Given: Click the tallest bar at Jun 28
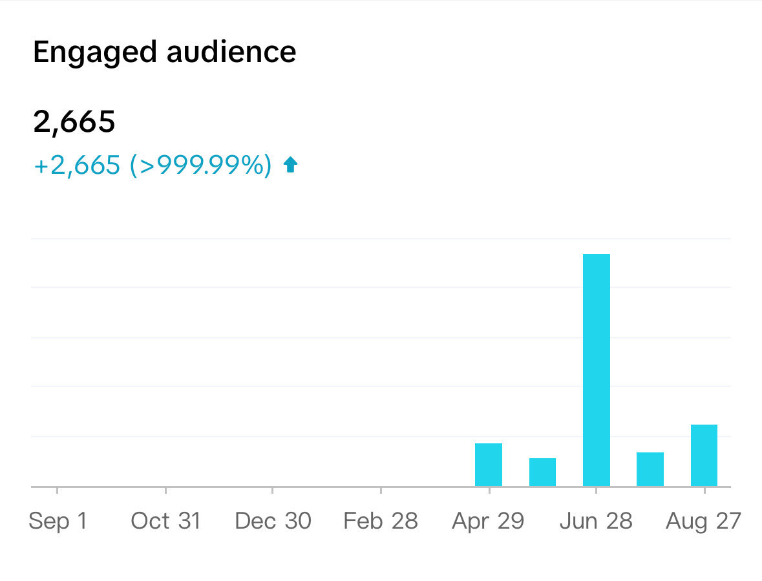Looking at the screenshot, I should (596, 370).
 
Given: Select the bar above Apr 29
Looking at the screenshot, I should (488, 465).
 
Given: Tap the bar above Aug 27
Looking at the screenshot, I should (704, 455).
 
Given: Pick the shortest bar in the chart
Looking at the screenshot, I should (542, 472).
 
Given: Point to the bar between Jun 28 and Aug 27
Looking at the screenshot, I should (650, 469).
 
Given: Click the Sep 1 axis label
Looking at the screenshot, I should (58, 521).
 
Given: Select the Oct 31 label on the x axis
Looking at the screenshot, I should (165, 521).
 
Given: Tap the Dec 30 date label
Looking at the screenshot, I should (273, 521).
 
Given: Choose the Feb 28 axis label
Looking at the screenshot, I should (381, 521).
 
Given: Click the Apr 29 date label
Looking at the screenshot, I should (488, 521).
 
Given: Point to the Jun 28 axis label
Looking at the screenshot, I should (596, 521).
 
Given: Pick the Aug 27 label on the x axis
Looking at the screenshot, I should (703, 521).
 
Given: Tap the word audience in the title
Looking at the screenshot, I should (231, 52).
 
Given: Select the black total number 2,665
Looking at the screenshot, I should (74, 121).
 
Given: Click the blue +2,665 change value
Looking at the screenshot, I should (77, 165).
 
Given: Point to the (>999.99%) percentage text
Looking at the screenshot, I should (200, 165).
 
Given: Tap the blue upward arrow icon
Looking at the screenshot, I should (291, 165).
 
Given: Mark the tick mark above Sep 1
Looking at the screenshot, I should (58, 490).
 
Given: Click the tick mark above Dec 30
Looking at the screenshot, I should (273, 490).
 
